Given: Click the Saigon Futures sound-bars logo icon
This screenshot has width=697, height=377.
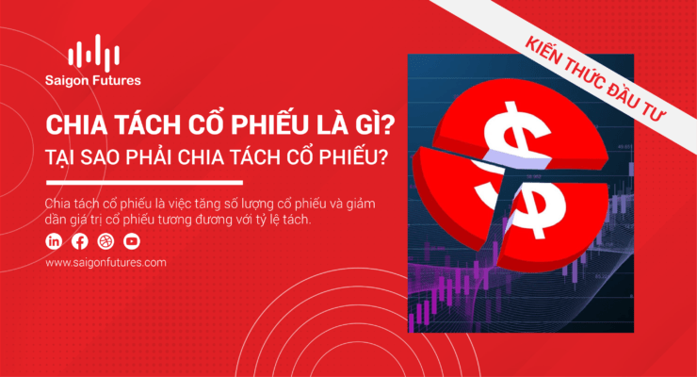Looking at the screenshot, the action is pos(94,53).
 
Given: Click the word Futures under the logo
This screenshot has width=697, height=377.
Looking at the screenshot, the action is pos(117,80).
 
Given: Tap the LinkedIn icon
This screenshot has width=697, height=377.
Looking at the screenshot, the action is pos(54,241).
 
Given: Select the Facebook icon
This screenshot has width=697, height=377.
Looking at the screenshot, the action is pos(80,241).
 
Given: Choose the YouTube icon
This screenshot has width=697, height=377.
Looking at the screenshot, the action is pos(132,241).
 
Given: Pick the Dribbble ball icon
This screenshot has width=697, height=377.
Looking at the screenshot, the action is pos(105,241).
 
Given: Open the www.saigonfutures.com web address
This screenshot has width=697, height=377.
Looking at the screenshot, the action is pos(105,262).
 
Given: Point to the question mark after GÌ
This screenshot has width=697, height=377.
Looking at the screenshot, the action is pos(388,125).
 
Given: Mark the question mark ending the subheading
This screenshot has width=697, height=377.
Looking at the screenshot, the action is pos(381,156).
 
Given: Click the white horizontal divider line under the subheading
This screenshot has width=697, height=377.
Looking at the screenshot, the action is pos(144,182).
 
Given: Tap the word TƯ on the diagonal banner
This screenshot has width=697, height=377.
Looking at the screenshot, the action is pos(653,110).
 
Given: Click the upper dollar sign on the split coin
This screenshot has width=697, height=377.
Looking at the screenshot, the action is pos(515,135).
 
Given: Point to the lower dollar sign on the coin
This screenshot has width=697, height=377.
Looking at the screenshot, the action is pos(539,205).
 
